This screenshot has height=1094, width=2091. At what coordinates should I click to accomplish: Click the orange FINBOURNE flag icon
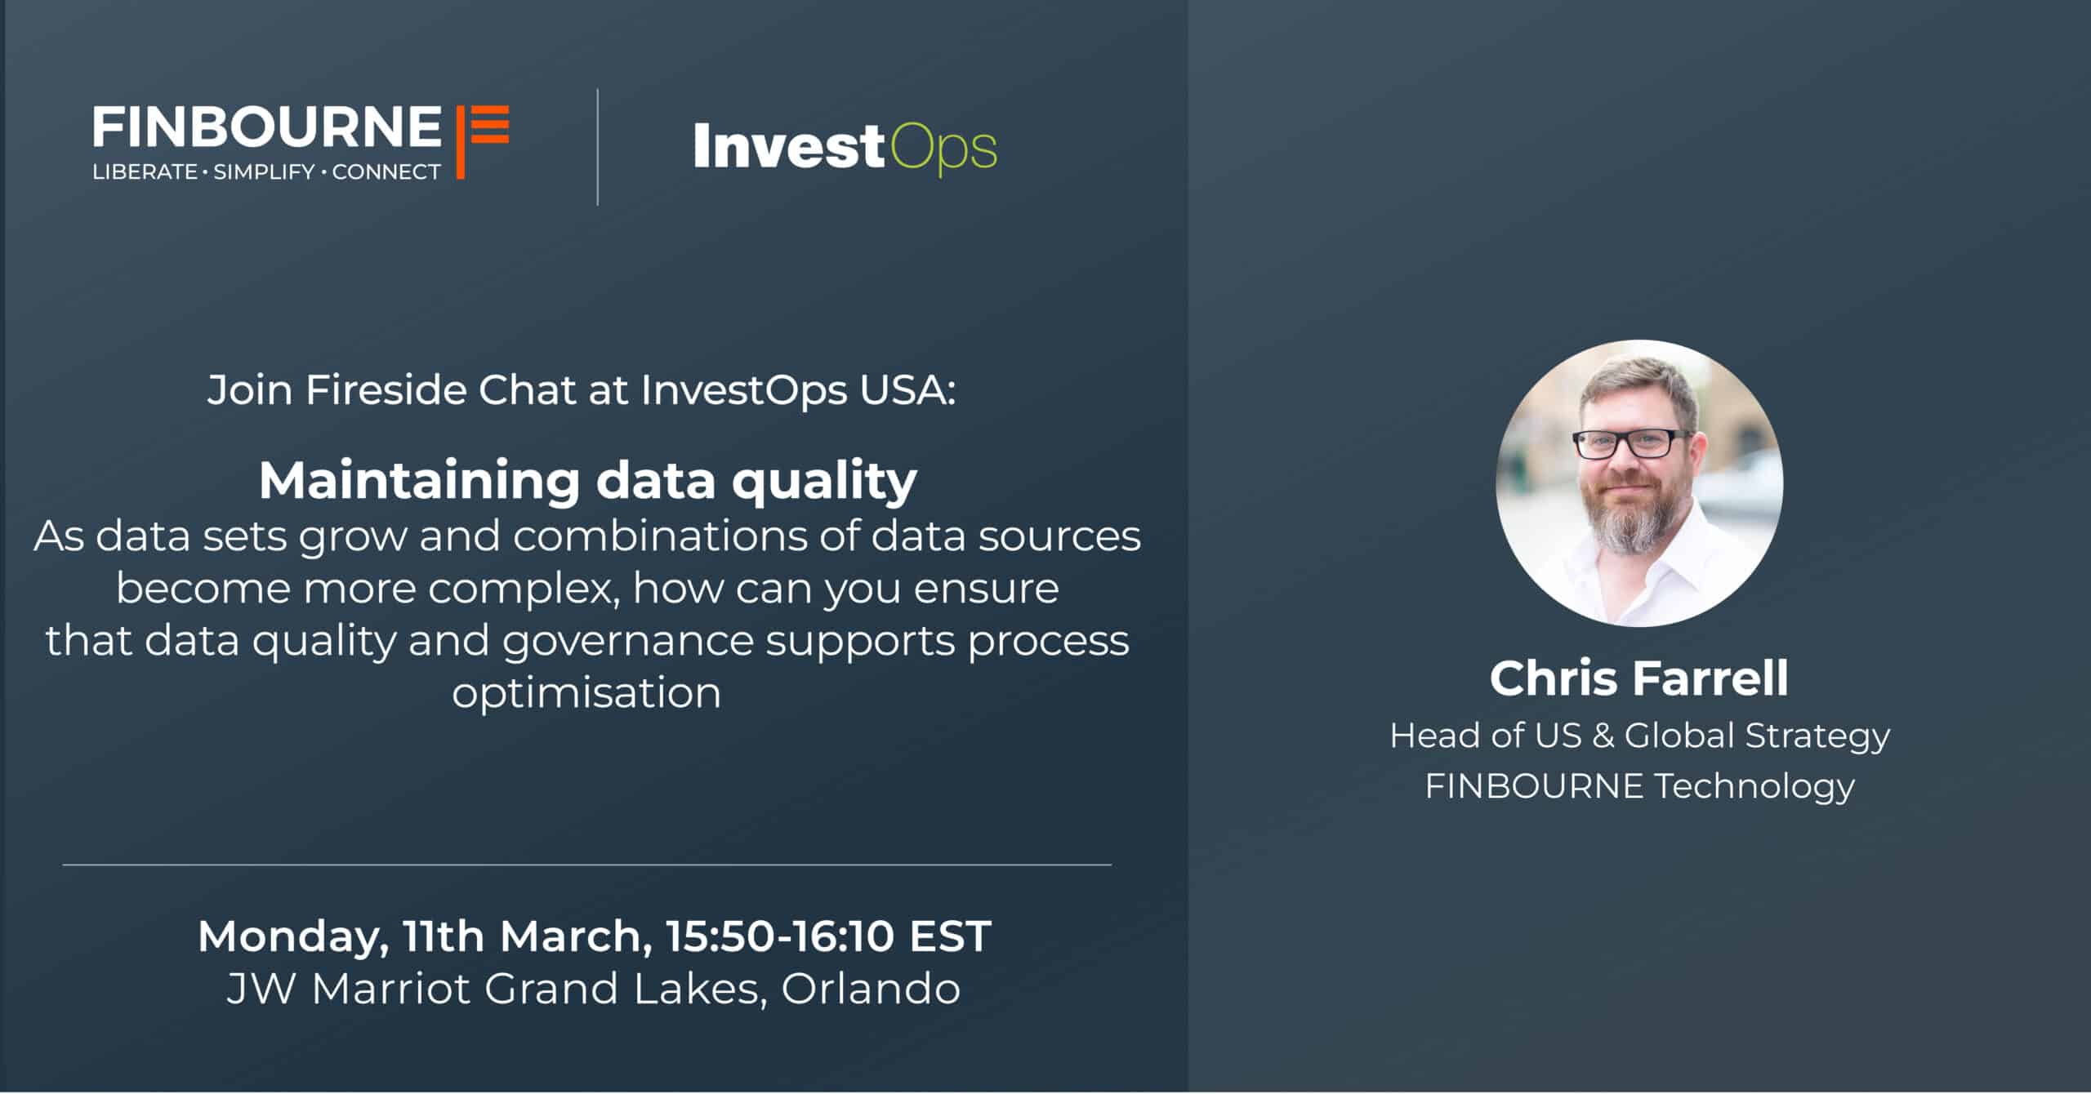(x=482, y=140)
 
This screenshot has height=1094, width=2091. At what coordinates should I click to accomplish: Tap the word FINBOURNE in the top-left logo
(x=267, y=127)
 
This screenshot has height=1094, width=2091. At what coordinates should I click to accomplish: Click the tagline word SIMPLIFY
(x=264, y=172)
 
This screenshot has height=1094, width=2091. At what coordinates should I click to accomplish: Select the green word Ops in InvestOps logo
(x=943, y=150)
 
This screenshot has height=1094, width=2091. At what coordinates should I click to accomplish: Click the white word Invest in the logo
(x=789, y=147)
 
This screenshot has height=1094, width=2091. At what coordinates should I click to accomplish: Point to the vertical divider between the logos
(x=598, y=147)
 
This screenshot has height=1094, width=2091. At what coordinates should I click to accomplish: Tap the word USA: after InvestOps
(x=907, y=390)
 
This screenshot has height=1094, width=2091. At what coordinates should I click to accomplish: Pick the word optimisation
(x=586, y=693)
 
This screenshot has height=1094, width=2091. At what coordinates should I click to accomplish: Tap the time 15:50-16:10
(x=780, y=936)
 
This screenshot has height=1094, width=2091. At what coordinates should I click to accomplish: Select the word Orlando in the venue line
(x=871, y=989)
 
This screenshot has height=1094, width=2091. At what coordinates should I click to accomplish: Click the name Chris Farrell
(x=1639, y=678)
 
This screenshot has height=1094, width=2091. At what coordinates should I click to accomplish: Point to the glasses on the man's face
(x=1633, y=444)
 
